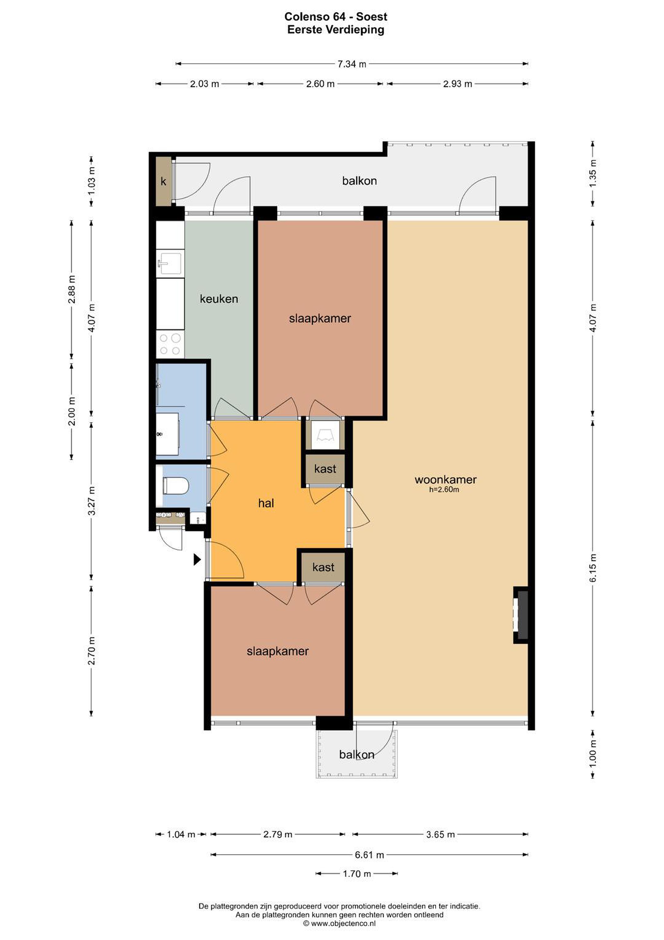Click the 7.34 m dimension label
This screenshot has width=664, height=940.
pyautogui.click(x=352, y=64)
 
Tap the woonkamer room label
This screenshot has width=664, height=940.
pyautogui.click(x=445, y=479)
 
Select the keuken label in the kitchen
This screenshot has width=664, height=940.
pyautogui.click(x=219, y=299)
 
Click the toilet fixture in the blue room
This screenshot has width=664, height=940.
pyautogui.click(x=175, y=486)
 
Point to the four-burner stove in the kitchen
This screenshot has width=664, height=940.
pyautogui.click(x=170, y=344)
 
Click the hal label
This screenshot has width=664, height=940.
pyautogui.click(x=266, y=503)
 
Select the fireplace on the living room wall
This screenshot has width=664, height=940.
pyautogui.click(x=521, y=615)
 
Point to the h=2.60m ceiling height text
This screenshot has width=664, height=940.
pyautogui.click(x=444, y=490)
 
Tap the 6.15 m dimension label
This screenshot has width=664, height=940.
pyautogui.click(x=594, y=568)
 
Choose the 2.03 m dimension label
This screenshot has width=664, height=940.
pyautogui.click(x=204, y=84)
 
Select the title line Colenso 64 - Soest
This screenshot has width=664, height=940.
pyautogui.click(x=336, y=17)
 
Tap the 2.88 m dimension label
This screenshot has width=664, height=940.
pyautogui.click(x=72, y=289)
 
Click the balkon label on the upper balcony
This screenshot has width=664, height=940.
pyautogui.click(x=360, y=180)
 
